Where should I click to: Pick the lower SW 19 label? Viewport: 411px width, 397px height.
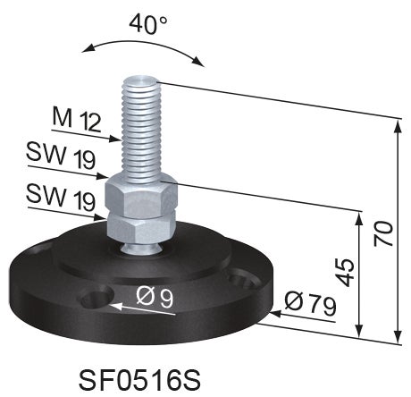coord(61,198)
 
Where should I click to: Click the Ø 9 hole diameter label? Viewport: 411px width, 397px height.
coord(155,298)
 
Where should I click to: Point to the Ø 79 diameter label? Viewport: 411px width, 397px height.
coord(310,303)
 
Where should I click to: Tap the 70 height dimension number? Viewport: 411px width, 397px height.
coord(383,234)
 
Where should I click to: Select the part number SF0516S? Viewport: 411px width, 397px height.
coord(139,380)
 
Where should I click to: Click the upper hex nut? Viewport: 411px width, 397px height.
coord(141,195)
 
